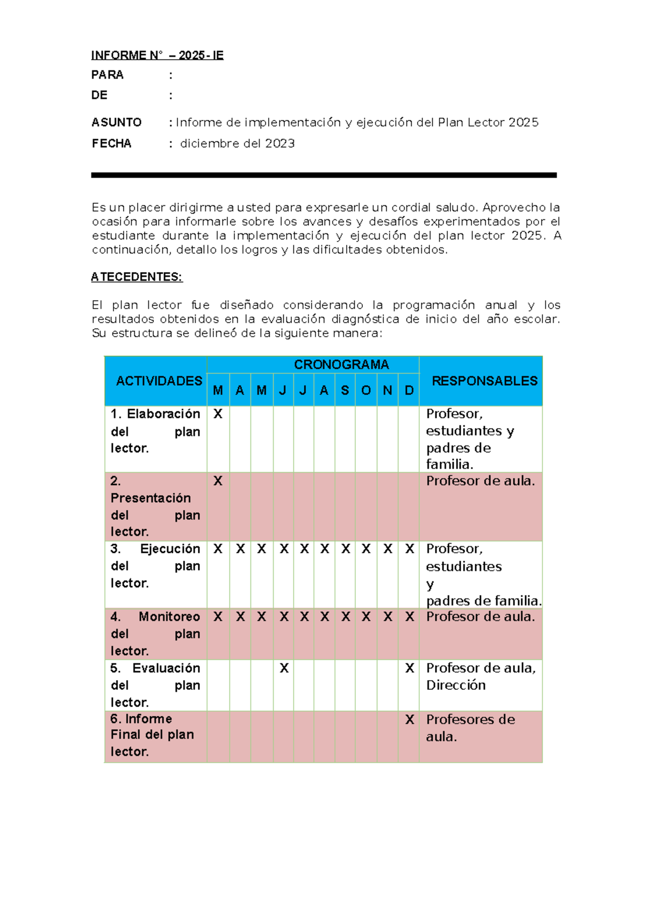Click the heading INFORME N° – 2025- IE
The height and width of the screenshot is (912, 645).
coord(157,55)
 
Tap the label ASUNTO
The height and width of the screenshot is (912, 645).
coord(116,123)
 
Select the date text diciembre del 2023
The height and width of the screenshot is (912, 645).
coord(237,144)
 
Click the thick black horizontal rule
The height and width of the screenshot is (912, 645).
coord(324,175)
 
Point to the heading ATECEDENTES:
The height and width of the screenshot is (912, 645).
coord(137,277)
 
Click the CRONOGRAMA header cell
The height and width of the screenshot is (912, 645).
coord(341,365)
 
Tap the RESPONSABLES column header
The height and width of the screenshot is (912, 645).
coord(484,381)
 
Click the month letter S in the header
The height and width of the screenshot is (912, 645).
coord(345,391)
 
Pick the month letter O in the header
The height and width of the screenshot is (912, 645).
coord(366,391)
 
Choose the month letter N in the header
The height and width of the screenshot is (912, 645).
coord(388,391)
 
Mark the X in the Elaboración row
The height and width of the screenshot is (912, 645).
coord(218,414)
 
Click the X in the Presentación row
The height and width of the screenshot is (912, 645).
coord(218,481)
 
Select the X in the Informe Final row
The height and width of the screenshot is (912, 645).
coord(410,720)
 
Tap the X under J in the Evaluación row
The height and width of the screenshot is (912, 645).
coord(284,668)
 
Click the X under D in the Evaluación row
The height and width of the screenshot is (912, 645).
coord(410,668)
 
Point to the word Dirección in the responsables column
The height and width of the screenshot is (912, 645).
coord(456,686)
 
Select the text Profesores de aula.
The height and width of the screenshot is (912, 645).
coord(470,728)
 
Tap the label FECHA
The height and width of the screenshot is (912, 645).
coord(111,144)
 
